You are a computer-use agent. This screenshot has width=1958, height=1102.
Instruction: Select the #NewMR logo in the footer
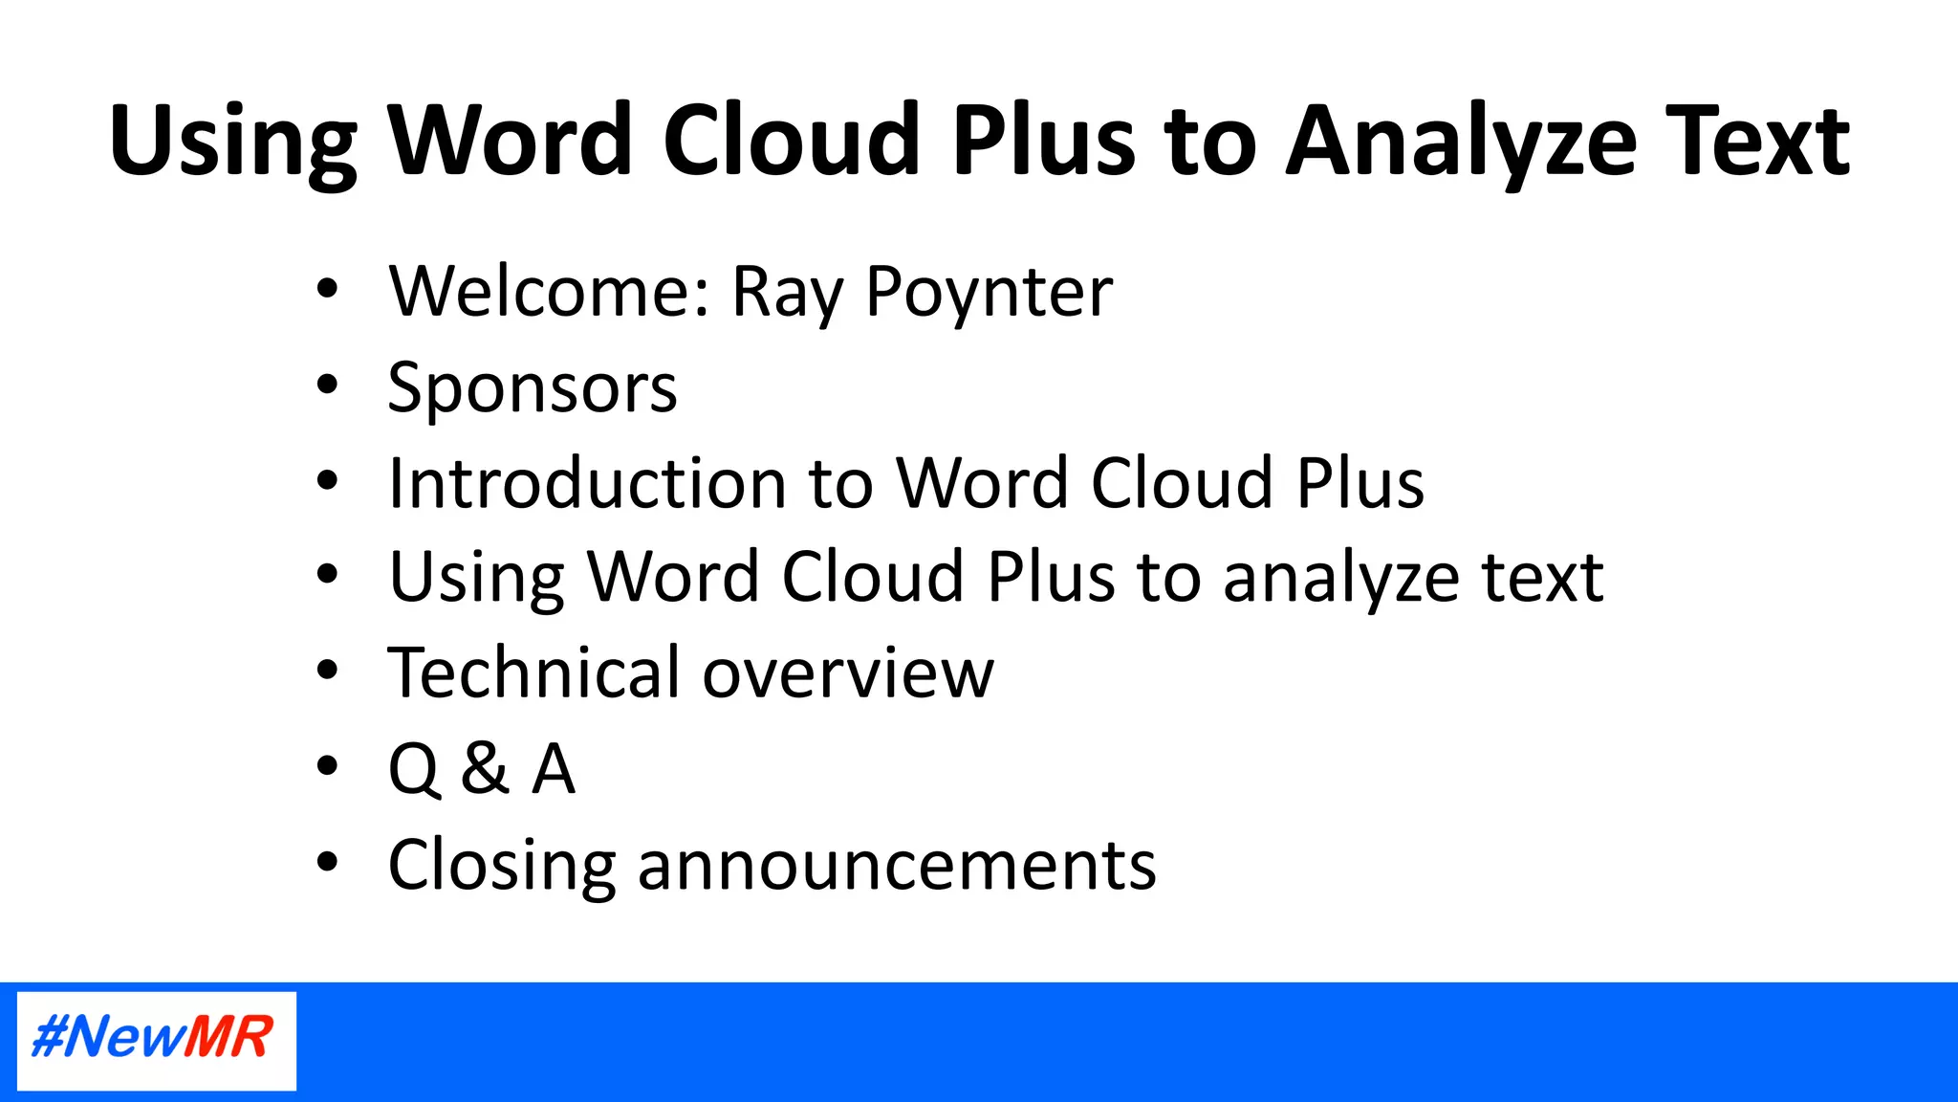coord(156,1039)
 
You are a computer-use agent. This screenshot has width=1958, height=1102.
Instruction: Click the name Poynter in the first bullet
coord(989,292)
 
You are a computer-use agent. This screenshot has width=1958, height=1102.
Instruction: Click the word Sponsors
coord(533,388)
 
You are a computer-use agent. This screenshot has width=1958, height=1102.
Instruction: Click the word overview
coord(848,674)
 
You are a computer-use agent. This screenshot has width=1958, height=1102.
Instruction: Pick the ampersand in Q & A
coord(485,768)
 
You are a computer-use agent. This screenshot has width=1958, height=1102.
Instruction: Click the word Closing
coord(501,866)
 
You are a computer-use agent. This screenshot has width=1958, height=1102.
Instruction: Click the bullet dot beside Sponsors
coord(328,385)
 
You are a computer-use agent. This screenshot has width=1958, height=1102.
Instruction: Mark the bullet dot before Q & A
coord(328,765)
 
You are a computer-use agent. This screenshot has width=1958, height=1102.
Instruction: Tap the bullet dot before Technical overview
coord(328,671)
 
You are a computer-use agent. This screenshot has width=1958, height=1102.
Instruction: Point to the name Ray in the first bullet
coord(787,292)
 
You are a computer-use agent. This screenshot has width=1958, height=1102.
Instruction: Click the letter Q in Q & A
coord(414,769)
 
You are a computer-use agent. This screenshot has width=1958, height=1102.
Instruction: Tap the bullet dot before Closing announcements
coord(328,862)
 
